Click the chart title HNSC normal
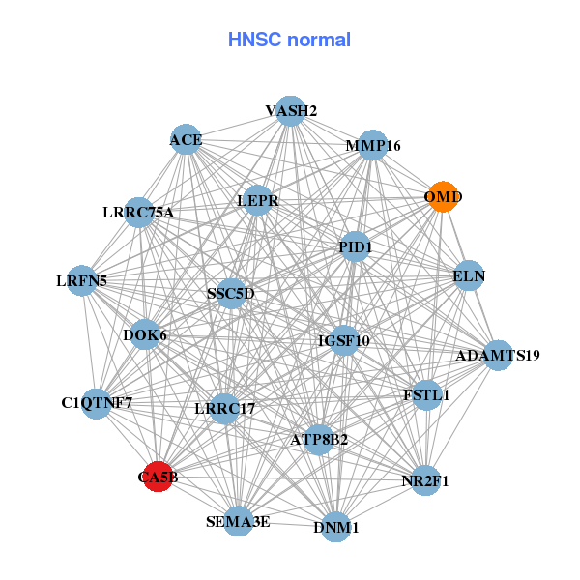289,40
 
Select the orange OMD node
443,196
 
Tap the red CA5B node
159,477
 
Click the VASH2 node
291,110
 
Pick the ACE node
186,139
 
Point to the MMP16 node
373,146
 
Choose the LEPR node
258,200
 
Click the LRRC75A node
139,213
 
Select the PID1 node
356,246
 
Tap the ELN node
469,275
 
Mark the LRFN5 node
82,281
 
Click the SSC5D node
231,293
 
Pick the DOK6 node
146,335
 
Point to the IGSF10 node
344,340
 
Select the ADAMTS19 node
498,355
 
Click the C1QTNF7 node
97,401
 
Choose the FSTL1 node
426,394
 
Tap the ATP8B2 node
319,439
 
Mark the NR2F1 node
425,479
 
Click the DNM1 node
335,527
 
